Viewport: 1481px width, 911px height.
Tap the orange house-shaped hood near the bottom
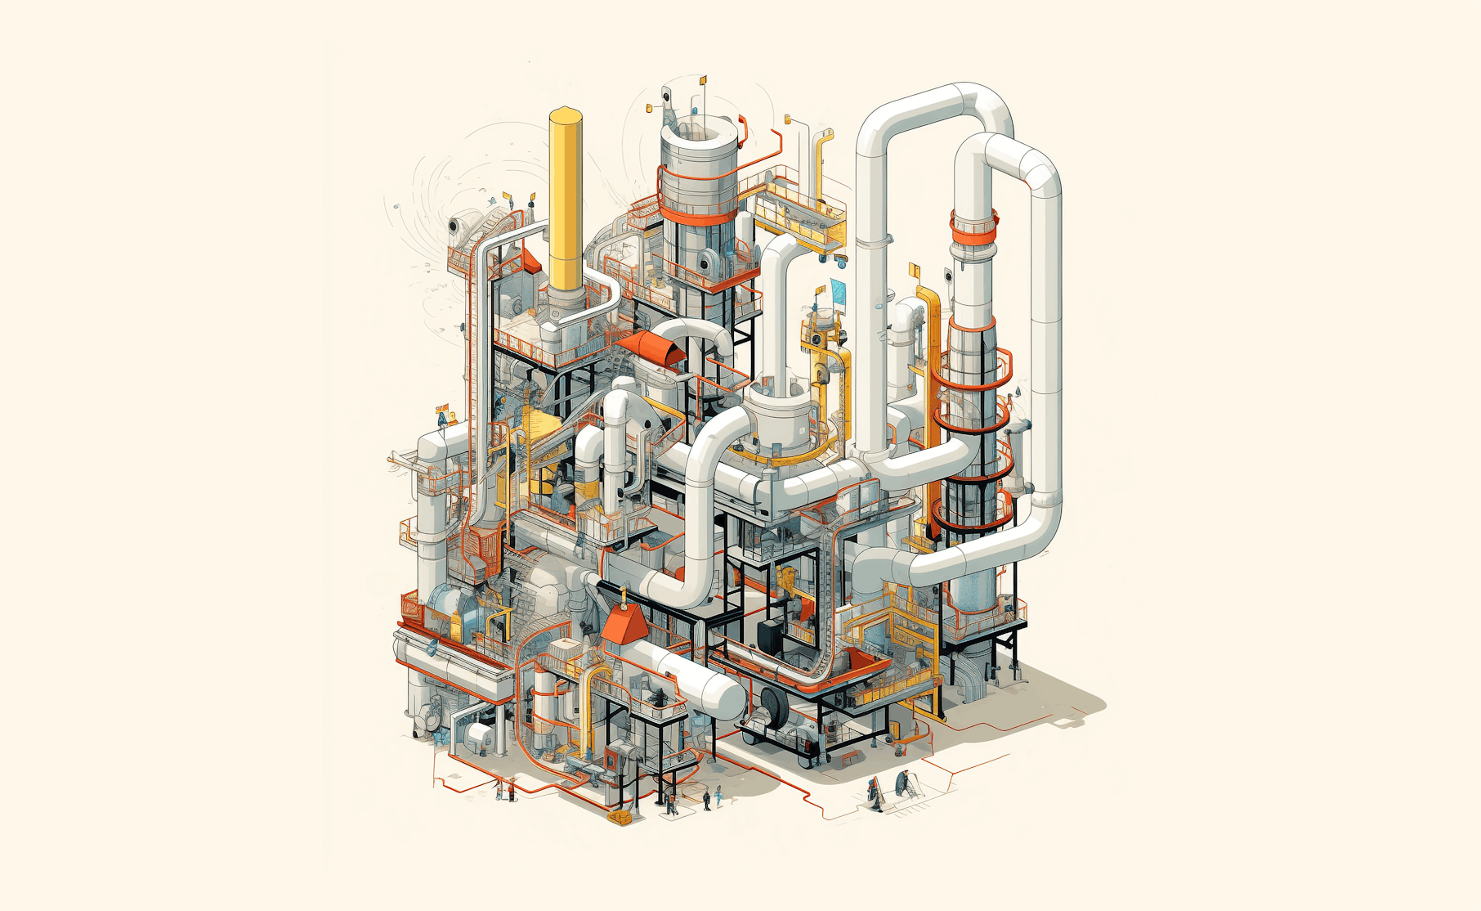624,625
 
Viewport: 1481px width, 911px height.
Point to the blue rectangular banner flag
839,288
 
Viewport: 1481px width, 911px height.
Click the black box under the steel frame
771,634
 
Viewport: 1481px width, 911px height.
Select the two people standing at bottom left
505,790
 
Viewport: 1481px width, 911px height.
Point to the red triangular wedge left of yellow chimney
530,260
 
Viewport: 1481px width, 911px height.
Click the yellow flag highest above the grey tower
702,80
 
